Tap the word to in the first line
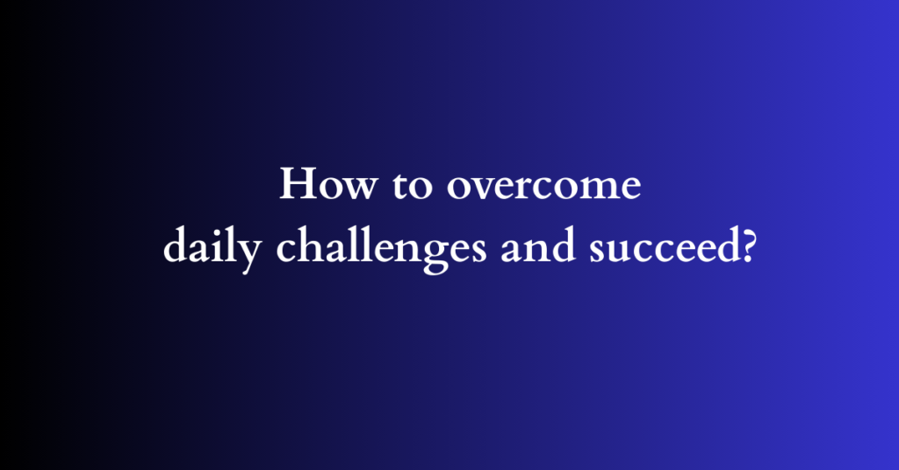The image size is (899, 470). tap(394, 189)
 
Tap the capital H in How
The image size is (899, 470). tap(295, 185)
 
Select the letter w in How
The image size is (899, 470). tap(349, 190)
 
